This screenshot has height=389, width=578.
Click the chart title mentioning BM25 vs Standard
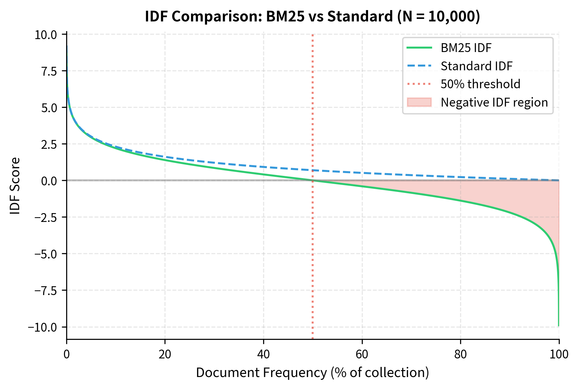pos(312,16)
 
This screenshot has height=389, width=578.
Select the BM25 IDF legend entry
pos(466,48)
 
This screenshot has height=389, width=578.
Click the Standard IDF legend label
pos(477,66)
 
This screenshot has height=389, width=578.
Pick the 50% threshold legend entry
pos(480,84)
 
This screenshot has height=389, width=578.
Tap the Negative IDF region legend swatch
pos(419,102)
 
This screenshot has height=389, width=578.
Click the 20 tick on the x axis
pos(165,354)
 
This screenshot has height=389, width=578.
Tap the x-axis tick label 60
pos(362,354)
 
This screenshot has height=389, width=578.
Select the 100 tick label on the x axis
pos(559,354)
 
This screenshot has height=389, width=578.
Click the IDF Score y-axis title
pos(15,186)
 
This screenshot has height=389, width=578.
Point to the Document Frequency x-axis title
pos(312,373)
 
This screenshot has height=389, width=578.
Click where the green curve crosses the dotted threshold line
pos(313,180)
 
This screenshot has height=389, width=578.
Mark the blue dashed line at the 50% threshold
pos(313,170)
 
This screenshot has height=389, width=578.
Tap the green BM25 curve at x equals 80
pos(460,200)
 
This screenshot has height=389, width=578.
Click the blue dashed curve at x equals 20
pos(165,157)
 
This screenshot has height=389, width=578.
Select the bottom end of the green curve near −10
pos(558,325)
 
